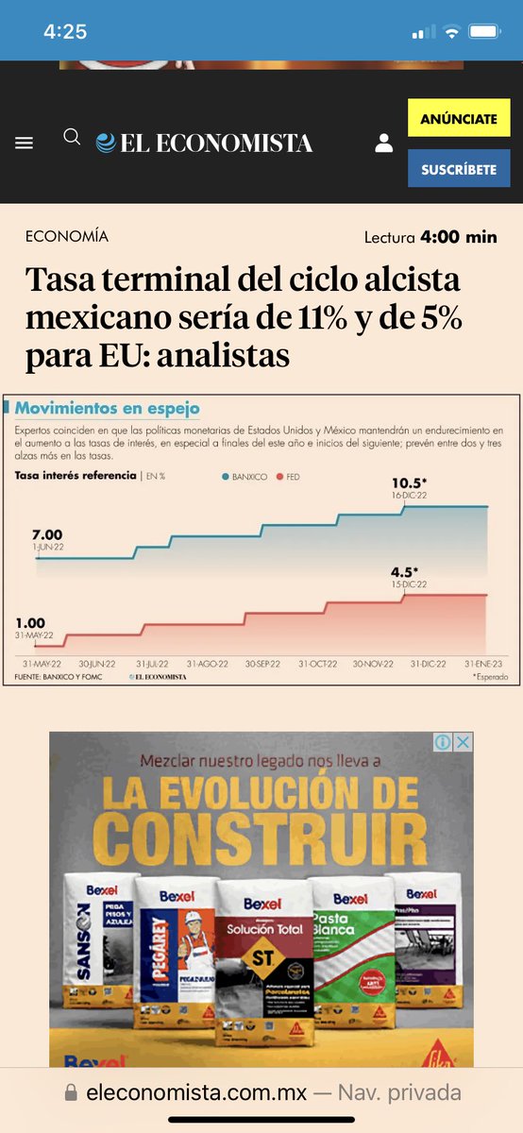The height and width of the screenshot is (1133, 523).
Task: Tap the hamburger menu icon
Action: [x=25, y=143]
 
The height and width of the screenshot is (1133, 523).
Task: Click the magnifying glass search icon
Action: [x=72, y=138]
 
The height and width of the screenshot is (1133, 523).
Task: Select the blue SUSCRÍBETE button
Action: [x=459, y=169]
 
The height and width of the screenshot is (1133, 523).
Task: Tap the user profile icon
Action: [x=383, y=143]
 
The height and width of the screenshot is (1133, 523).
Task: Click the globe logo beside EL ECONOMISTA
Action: [x=106, y=143]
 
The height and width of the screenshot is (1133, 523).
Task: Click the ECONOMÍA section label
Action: [x=67, y=236]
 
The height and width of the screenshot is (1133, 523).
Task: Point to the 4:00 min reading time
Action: [x=459, y=237]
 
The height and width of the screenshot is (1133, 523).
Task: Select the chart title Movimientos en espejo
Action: [x=108, y=408]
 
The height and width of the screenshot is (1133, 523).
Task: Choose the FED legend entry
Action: [x=288, y=477]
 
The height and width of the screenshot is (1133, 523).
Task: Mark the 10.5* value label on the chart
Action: [x=410, y=483]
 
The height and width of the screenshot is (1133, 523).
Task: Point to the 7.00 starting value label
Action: [x=47, y=535]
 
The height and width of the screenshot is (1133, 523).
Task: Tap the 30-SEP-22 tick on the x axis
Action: [x=262, y=664]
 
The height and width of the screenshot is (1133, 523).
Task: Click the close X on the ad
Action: [x=463, y=742]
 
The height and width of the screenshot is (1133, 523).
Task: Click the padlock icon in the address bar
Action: [x=71, y=1093]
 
